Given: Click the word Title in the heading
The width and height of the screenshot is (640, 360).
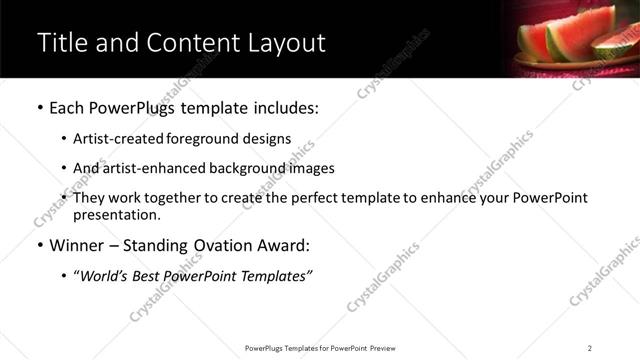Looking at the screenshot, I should tap(59, 43).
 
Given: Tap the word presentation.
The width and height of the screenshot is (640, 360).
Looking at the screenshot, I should tap(116, 214).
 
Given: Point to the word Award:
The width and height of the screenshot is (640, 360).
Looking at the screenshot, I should tap(286, 244).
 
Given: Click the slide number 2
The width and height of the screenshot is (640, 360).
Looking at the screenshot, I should tap(590, 348).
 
